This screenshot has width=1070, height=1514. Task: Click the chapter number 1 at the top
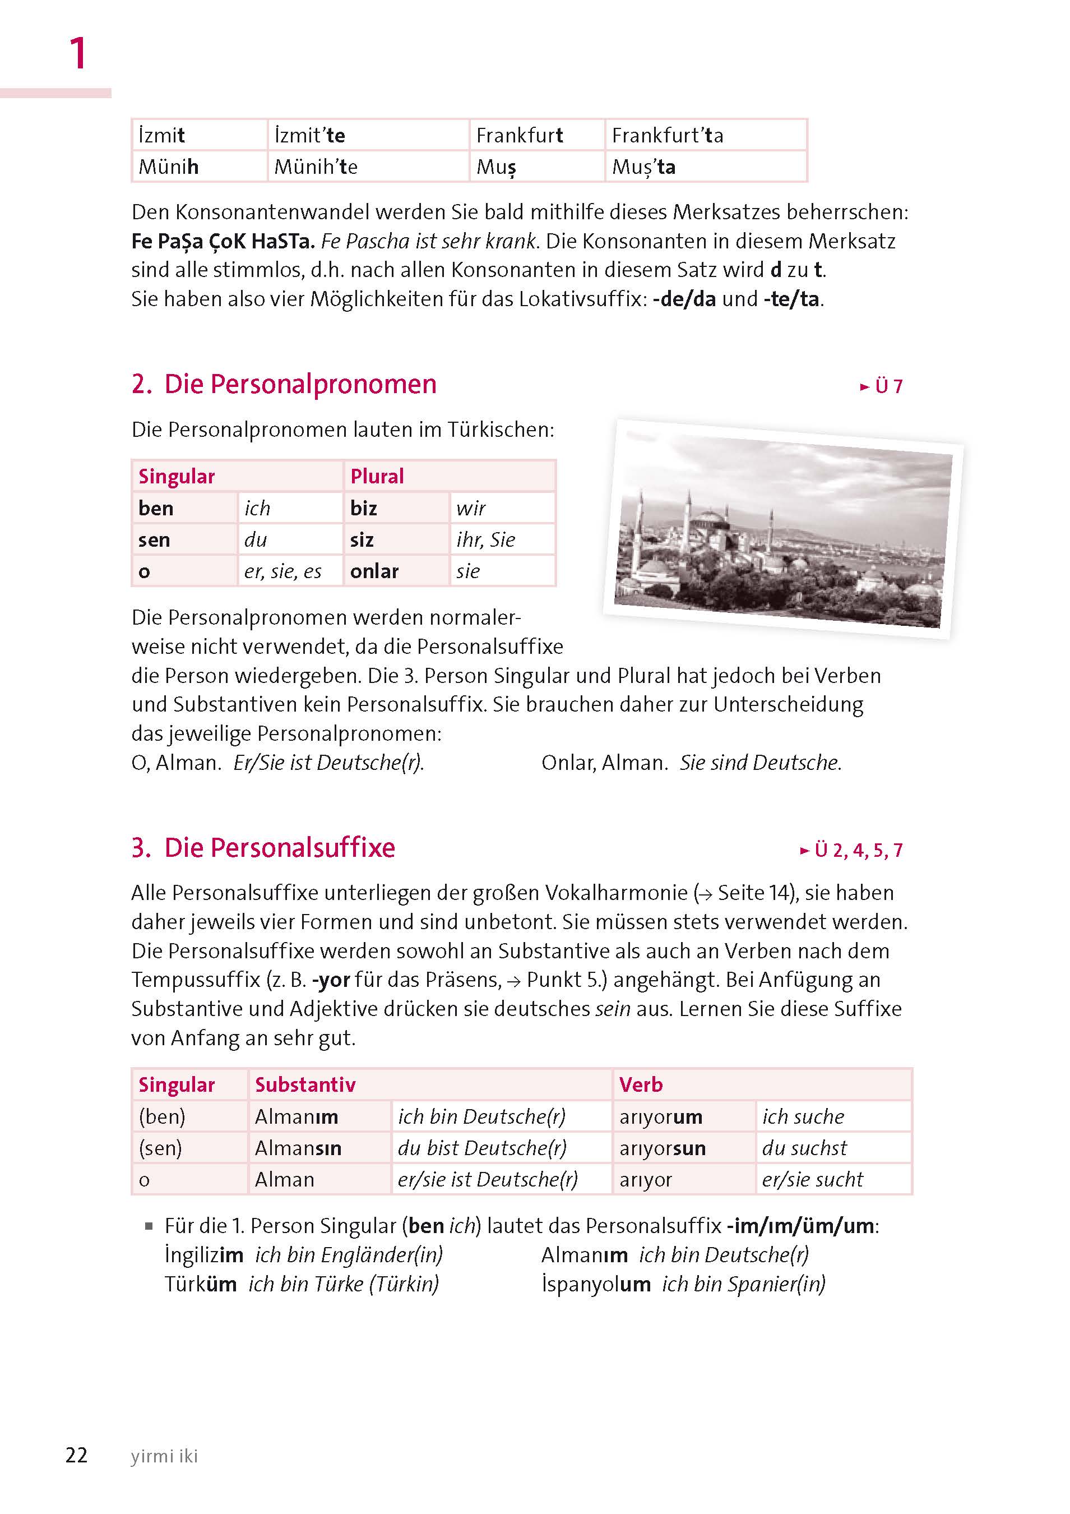(78, 53)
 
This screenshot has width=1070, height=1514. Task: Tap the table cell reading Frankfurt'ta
(667, 135)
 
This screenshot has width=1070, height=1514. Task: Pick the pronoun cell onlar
(374, 571)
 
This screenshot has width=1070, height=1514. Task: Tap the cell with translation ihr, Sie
(485, 539)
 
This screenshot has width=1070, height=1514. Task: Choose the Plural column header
(377, 476)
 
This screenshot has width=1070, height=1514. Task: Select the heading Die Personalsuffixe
(280, 848)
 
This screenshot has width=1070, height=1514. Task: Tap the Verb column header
(641, 1084)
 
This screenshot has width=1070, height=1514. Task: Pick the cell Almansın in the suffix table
(298, 1148)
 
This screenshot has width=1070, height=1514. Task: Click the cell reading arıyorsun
(663, 1148)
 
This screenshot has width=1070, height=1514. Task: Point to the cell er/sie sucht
(812, 1179)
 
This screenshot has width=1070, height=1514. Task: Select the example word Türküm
(201, 1284)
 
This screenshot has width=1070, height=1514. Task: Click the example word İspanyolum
(596, 1284)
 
